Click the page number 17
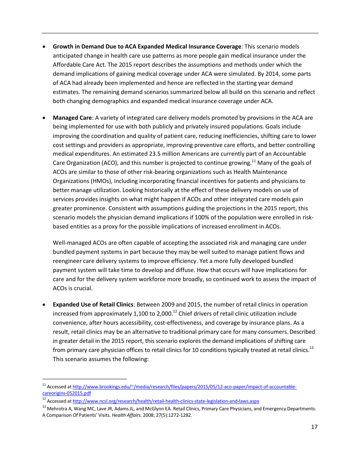click(x=314, y=427)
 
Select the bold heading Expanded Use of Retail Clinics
click(x=93, y=305)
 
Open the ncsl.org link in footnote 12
click(x=166, y=401)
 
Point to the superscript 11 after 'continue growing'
click(x=254, y=161)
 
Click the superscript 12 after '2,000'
click(x=175, y=312)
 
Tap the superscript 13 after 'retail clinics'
click(x=311, y=348)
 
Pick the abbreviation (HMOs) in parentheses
click(x=93, y=181)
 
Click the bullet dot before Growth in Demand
click(x=44, y=47)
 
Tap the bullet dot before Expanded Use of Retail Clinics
click(x=44, y=305)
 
